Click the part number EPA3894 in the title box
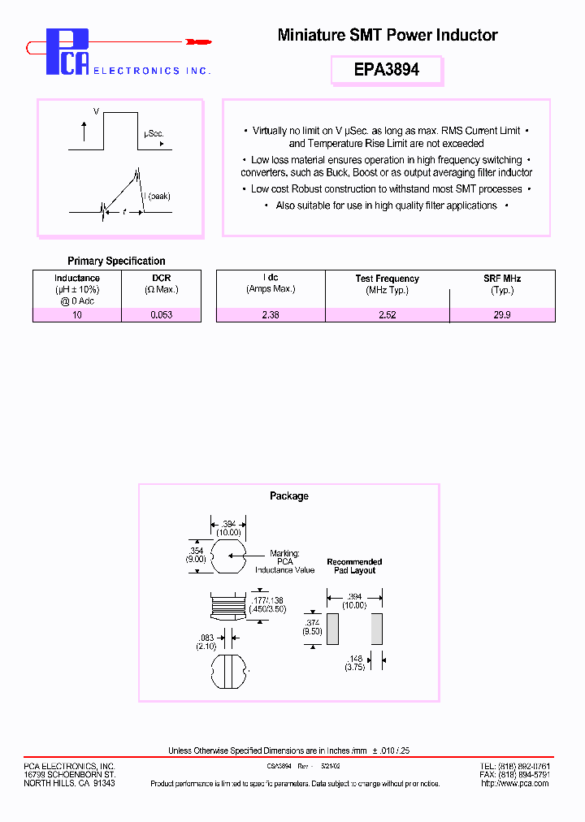pyautogui.click(x=387, y=70)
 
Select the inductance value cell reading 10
pyautogui.click(x=77, y=314)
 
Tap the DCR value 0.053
pyautogui.click(x=161, y=314)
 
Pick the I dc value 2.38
pyautogui.click(x=271, y=314)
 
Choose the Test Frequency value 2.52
pyautogui.click(x=387, y=314)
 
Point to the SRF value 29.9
pyautogui.click(x=502, y=314)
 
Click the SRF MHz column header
pyautogui.click(x=502, y=279)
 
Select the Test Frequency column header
pyautogui.click(x=387, y=279)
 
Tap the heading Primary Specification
pyautogui.click(x=116, y=261)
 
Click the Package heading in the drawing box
pyautogui.click(x=288, y=495)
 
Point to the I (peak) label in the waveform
pyautogui.click(x=158, y=196)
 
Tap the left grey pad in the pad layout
pyautogui.click(x=332, y=629)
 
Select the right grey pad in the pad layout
pyautogui.click(x=376, y=629)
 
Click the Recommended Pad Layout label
pyautogui.click(x=354, y=566)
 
